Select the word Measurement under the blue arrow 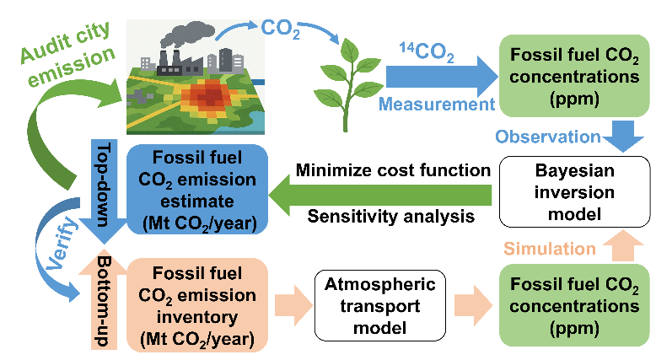click(435, 105)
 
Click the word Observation click(547, 137)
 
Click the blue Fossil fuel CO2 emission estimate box click(196, 191)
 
